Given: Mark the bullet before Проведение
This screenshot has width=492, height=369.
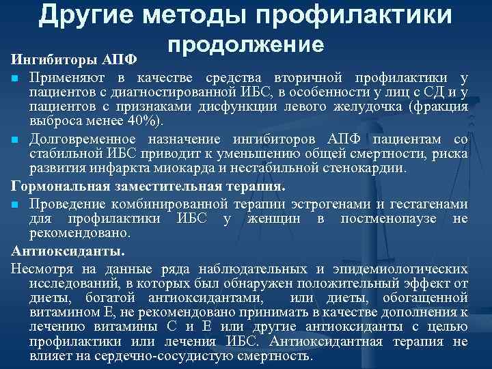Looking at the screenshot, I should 14,203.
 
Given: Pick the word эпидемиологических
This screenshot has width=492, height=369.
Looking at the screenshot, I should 400,266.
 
